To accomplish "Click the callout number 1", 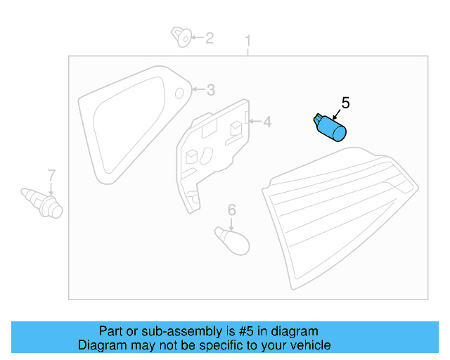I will (x=248, y=41).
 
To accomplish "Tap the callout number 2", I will (x=209, y=37).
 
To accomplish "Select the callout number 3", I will (x=210, y=90).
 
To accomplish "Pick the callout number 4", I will (x=266, y=122).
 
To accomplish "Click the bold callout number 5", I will (x=345, y=103).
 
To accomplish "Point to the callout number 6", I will (x=231, y=209).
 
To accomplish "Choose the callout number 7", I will (x=51, y=174).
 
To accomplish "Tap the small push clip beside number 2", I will (x=181, y=36).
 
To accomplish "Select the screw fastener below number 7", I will (x=44, y=201).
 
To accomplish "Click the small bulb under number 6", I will (x=233, y=240).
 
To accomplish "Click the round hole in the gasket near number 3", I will (x=179, y=92).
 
